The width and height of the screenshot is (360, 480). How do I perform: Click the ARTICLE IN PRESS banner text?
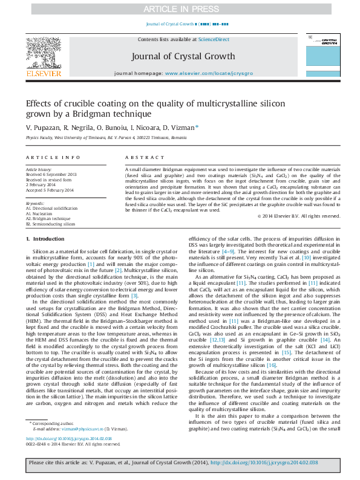pos(179,9)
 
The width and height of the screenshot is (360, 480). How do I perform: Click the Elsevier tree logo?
pos(43,54)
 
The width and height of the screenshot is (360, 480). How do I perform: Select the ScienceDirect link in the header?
pos(214,39)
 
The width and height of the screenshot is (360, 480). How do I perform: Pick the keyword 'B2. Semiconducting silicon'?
pos(50,223)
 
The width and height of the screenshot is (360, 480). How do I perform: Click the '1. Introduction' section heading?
pos(48,257)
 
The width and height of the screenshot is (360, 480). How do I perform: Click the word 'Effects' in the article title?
pos(39,103)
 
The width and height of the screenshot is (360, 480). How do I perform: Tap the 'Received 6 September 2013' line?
pos(51,175)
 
